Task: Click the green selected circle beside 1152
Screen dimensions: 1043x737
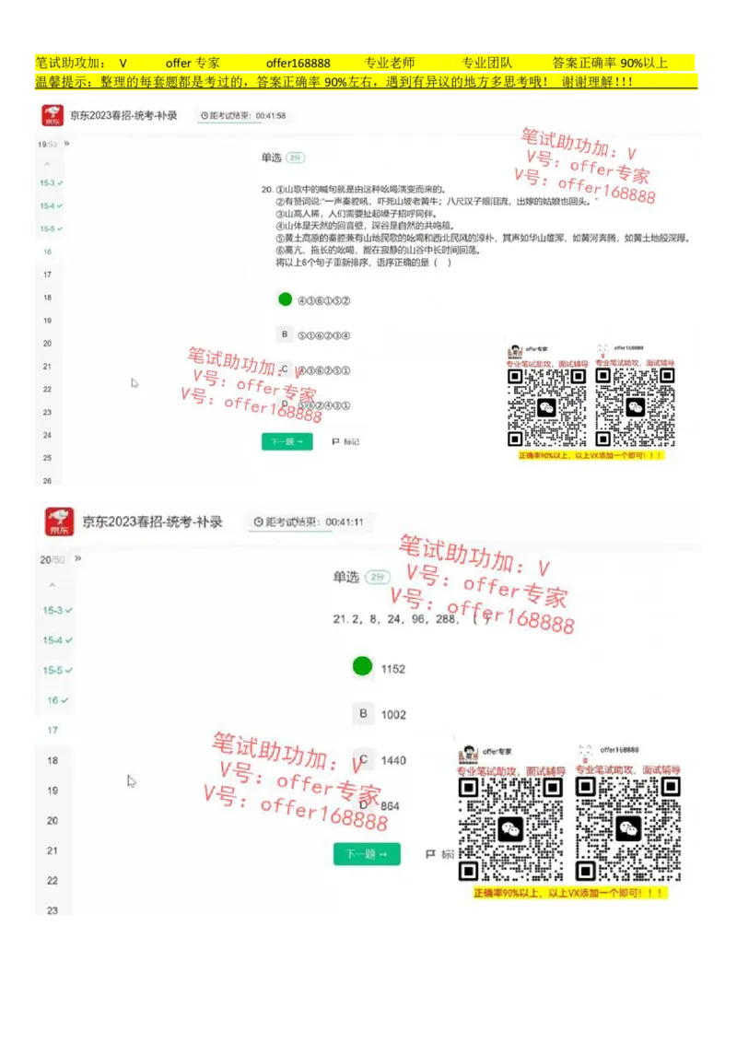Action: pos(363,666)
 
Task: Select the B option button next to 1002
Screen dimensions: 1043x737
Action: pos(363,714)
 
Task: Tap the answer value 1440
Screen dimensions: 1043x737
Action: pos(393,761)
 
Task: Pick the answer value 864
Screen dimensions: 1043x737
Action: pos(391,806)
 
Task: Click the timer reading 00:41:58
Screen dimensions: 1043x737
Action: pos(271,116)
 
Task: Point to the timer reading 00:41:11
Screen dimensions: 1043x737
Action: pos(345,522)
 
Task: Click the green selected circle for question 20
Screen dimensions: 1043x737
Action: pos(285,299)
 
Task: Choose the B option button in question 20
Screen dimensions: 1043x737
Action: pos(285,334)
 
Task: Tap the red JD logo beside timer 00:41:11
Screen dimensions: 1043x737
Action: pos(60,521)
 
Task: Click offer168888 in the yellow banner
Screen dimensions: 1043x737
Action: pos(298,64)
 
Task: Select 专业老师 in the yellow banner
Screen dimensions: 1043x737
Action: pos(390,64)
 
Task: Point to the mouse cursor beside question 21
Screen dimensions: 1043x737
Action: pos(132,781)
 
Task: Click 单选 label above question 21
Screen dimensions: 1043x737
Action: pos(346,577)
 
